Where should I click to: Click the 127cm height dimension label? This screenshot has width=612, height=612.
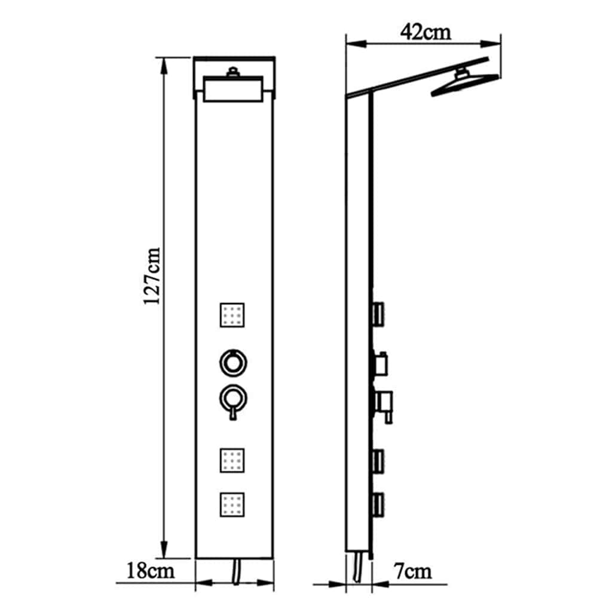(x=152, y=276)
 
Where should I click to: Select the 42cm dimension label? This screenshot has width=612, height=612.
(x=426, y=32)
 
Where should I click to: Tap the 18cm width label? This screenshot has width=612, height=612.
(x=151, y=571)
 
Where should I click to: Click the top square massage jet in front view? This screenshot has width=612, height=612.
(x=232, y=314)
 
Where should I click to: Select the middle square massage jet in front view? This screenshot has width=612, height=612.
(x=232, y=460)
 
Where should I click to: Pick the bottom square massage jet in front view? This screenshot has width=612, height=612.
(x=232, y=504)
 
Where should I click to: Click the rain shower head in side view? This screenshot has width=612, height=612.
(x=464, y=84)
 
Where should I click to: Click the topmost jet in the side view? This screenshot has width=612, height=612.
(x=378, y=314)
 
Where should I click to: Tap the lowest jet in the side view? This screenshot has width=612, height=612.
(x=378, y=504)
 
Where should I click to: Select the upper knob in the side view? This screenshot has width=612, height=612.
(x=380, y=362)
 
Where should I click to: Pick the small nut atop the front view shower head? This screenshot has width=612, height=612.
(x=232, y=74)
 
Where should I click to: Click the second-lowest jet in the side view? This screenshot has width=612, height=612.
(x=378, y=460)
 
